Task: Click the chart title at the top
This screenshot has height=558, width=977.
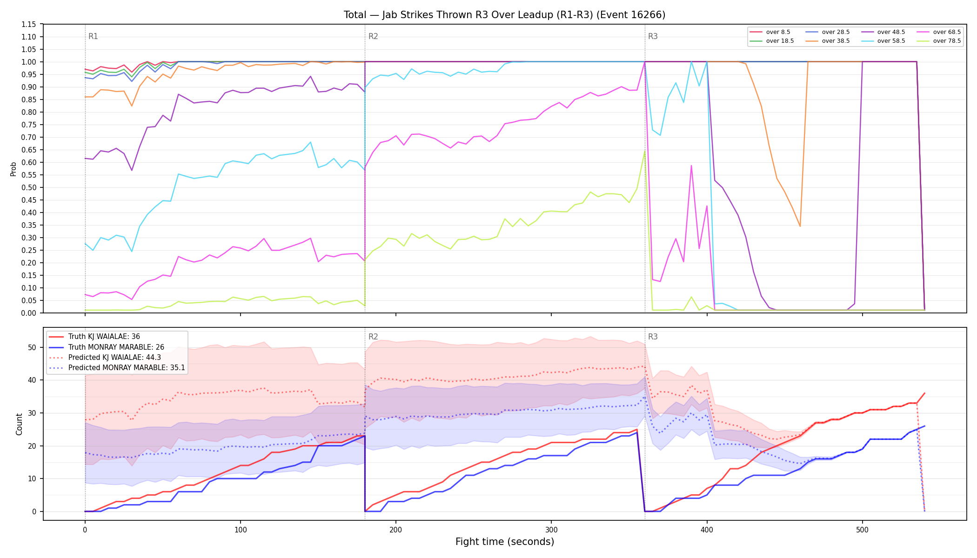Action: point(505,15)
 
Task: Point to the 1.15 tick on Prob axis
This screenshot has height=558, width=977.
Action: point(29,24)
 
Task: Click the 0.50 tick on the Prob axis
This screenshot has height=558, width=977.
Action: point(29,187)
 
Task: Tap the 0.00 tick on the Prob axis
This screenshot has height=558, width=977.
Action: point(29,313)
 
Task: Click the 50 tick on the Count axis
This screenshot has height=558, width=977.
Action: point(32,347)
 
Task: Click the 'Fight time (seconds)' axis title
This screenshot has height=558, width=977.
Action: point(505,542)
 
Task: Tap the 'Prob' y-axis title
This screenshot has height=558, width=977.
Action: point(13,169)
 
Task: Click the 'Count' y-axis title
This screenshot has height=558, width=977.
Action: point(19,424)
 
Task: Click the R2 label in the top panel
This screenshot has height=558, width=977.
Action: point(373,36)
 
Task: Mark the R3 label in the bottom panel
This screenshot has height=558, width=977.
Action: point(653,337)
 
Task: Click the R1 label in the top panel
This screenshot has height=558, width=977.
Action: point(93,36)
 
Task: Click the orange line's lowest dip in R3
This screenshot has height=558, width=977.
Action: point(800,226)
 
